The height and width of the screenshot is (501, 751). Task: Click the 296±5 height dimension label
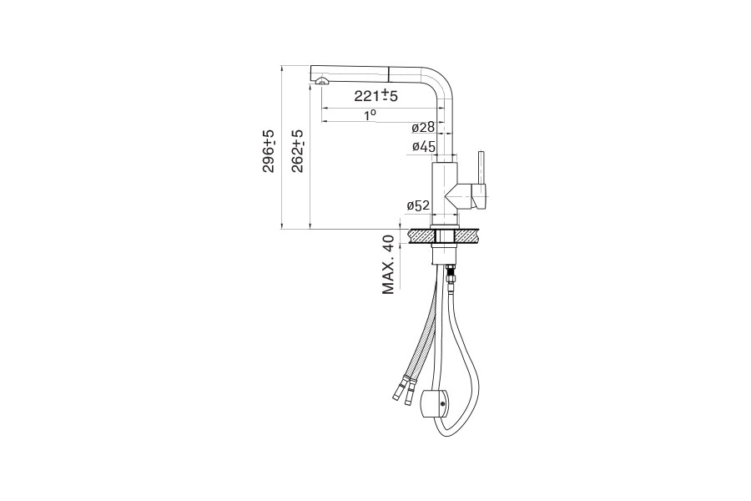pos(270,151)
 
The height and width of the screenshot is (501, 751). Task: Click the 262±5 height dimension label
pos(297,151)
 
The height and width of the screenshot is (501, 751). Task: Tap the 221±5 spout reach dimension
pos(376,95)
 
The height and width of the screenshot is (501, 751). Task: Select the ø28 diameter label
pos(423,127)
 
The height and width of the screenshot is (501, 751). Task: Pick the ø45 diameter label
pos(424,147)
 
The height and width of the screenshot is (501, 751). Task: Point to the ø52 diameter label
pos(418,206)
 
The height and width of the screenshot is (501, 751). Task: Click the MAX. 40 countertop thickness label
pos(388,264)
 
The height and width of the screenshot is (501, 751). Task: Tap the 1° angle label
pos(370,115)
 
